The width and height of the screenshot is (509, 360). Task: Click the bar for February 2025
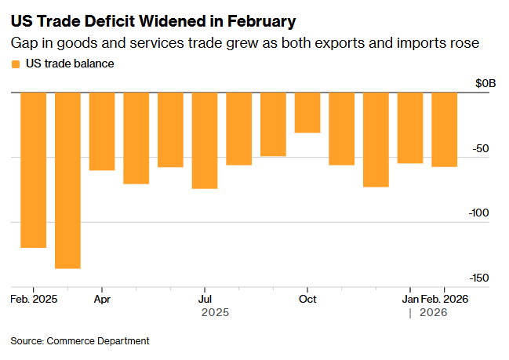(33, 169)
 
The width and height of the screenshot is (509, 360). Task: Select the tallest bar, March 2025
(67, 180)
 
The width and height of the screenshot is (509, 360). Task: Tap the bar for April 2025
(102, 131)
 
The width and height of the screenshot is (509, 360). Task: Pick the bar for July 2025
(205, 140)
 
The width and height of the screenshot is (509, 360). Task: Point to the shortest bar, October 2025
(307, 112)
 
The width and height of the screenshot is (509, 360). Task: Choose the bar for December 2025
(376, 140)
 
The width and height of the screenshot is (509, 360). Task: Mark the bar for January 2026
(410, 128)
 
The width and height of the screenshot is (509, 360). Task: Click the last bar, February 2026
(445, 129)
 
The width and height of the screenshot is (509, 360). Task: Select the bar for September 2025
(273, 124)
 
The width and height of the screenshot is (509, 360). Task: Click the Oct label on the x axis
(307, 299)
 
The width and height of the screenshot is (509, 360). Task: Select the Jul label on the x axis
(205, 299)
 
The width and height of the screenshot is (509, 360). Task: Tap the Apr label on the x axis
(102, 299)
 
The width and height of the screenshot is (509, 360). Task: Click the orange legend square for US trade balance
(16, 64)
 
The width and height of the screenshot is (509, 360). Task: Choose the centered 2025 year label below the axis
(215, 312)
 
